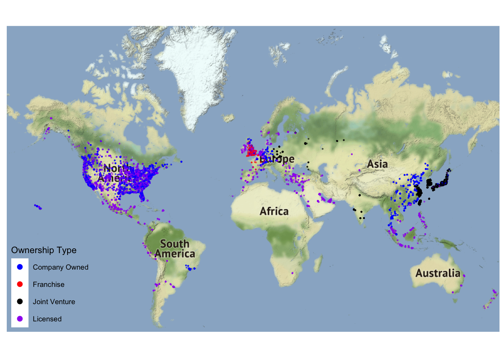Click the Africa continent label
(274, 211)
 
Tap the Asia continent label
(377, 164)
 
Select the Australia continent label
(438, 273)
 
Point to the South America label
(175, 249)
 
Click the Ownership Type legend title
(44, 250)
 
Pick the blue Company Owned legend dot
(20, 267)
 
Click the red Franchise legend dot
(20, 284)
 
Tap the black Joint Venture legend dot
(20, 301)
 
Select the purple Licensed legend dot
(20, 319)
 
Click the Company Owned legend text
(60, 267)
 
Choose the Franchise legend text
(48, 285)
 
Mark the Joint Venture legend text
(54, 302)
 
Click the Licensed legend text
(47, 319)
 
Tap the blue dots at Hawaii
(38, 207)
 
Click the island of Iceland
(228, 118)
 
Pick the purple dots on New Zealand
(490, 300)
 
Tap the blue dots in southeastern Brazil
(190, 268)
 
